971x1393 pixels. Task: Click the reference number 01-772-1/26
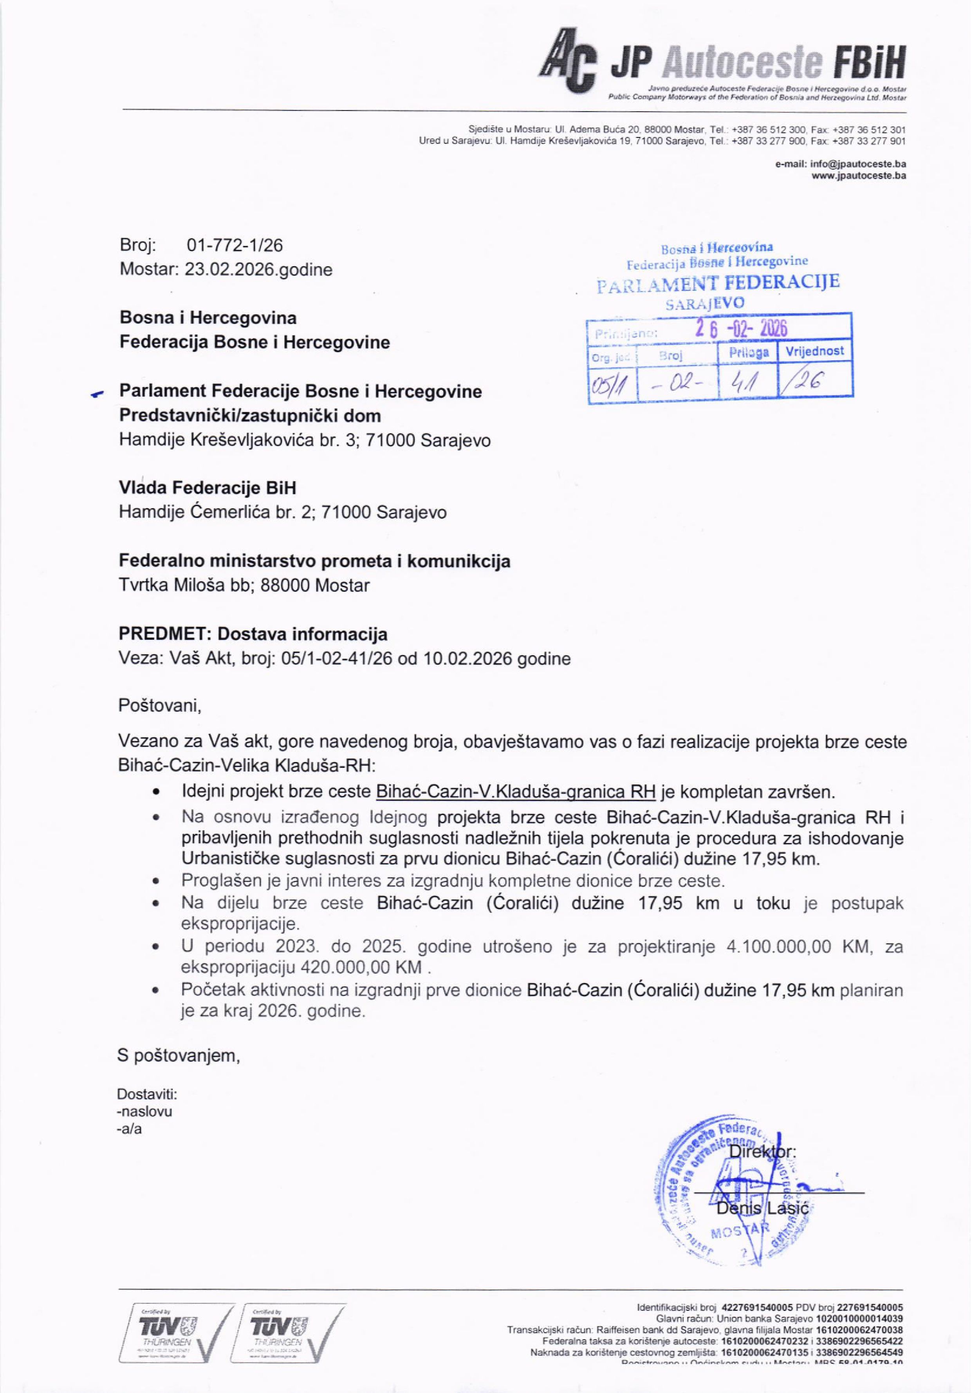[x=235, y=245]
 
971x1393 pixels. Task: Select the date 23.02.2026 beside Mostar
[x=230, y=270]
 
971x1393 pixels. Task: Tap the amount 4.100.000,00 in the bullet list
[x=778, y=947]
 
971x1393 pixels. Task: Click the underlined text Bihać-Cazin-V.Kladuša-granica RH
[x=516, y=791]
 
